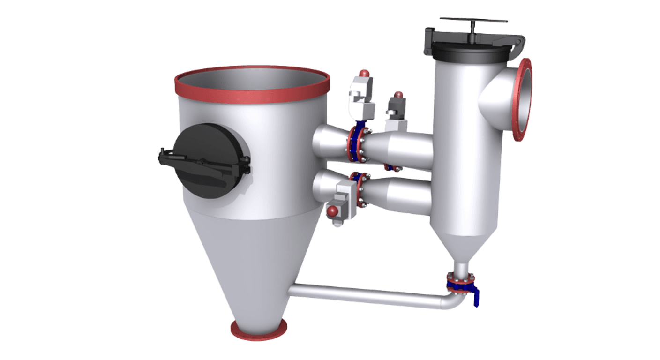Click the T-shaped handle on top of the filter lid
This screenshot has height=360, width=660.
pyautogui.click(x=473, y=21)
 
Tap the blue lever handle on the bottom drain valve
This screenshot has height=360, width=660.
pyautogui.click(x=476, y=298)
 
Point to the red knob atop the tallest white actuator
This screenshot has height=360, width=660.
pyautogui.click(x=363, y=73)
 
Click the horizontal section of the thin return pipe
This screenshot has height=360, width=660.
pyautogui.click(x=366, y=296)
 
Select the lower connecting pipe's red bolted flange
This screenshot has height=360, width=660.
pyautogui.click(x=360, y=190)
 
